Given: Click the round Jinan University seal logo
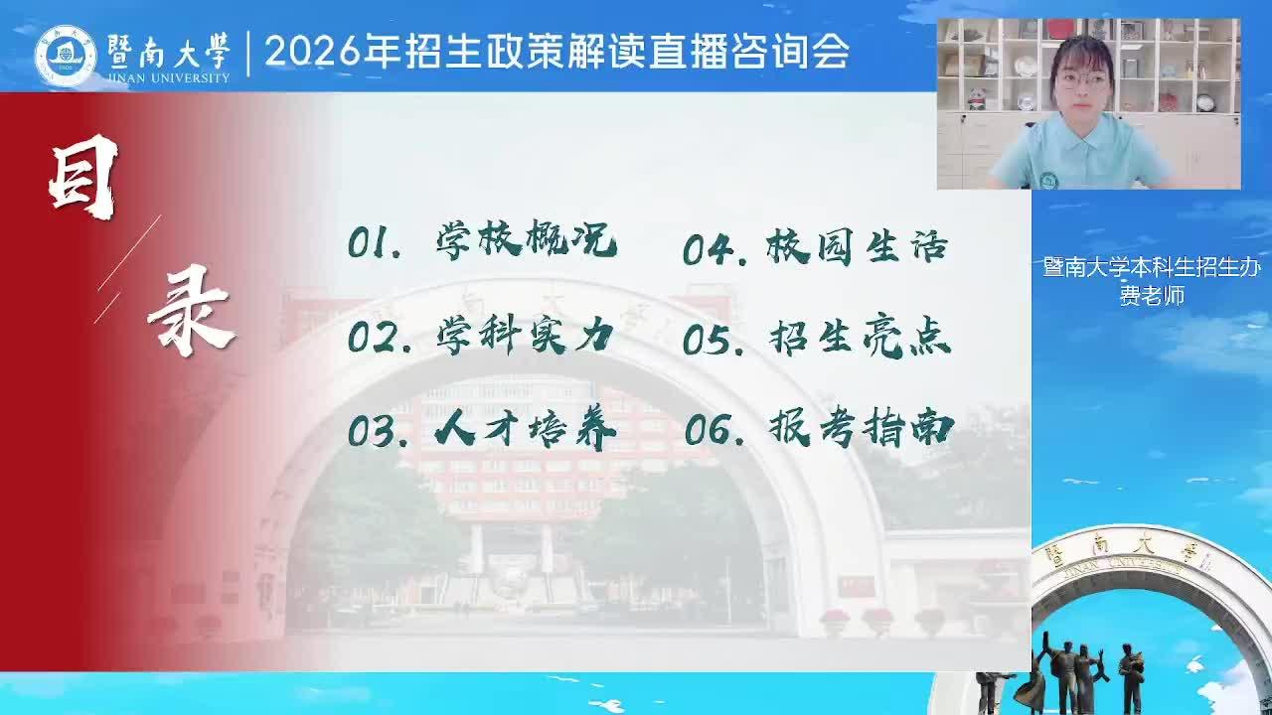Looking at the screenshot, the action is tap(66, 57).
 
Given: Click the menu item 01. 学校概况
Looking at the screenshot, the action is tap(482, 241).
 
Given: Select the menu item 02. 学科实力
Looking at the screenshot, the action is tap(480, 336).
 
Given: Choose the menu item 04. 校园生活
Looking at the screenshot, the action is tap(816, 247).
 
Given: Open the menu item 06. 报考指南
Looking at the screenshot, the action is tap(819, 428).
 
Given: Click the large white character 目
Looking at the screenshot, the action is tap(82, 177).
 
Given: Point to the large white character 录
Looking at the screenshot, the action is tap(191, 311).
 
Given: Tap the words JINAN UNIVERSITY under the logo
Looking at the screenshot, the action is tap(169, 77).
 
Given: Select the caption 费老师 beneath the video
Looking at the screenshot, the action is tap(1152, 296).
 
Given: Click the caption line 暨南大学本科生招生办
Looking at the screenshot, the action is tap(1152, 267).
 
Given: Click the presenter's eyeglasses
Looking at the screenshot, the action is tap(1083, 80).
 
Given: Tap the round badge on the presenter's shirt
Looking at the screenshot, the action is tap(1047, 181).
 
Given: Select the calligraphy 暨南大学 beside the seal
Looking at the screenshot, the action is tap(169, 51).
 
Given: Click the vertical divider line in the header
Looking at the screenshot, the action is tap(248, 54).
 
